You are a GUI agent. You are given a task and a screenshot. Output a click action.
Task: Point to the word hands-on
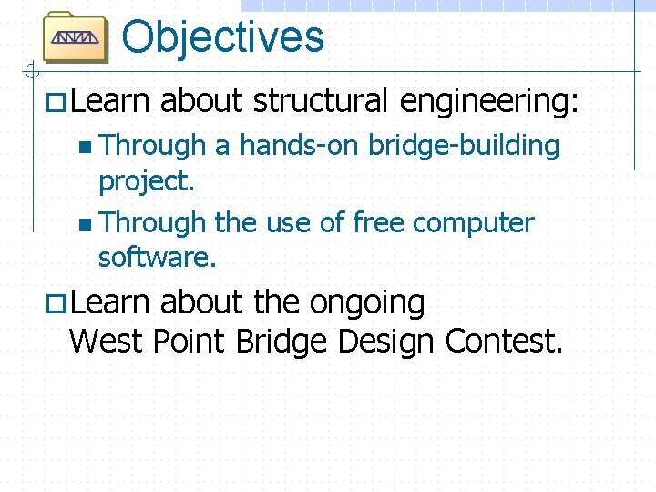point(297,146)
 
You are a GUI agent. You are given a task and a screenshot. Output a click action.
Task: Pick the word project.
point(146,181)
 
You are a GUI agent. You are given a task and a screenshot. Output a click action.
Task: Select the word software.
point(157,258)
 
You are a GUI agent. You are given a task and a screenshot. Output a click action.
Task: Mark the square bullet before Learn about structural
point(56,104)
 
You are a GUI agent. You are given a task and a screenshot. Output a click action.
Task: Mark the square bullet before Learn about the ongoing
point(56,305)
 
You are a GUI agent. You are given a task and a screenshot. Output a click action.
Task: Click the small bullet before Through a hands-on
point(86,147)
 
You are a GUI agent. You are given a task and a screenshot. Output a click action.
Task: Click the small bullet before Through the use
point(86,224)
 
